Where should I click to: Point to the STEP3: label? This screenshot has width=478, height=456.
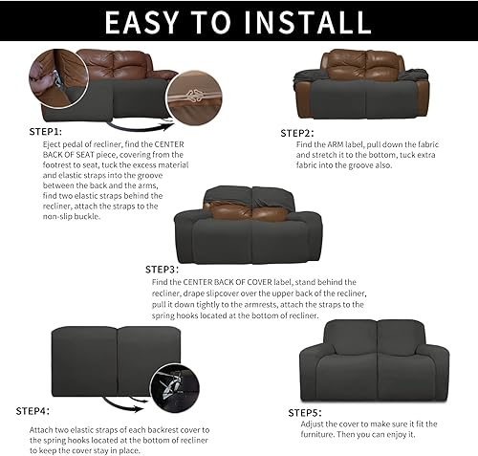(x=165, y=270)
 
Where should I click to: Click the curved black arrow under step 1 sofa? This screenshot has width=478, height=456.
(x=140, y=124)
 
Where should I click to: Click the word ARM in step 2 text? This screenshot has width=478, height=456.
(x=343, y=143)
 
